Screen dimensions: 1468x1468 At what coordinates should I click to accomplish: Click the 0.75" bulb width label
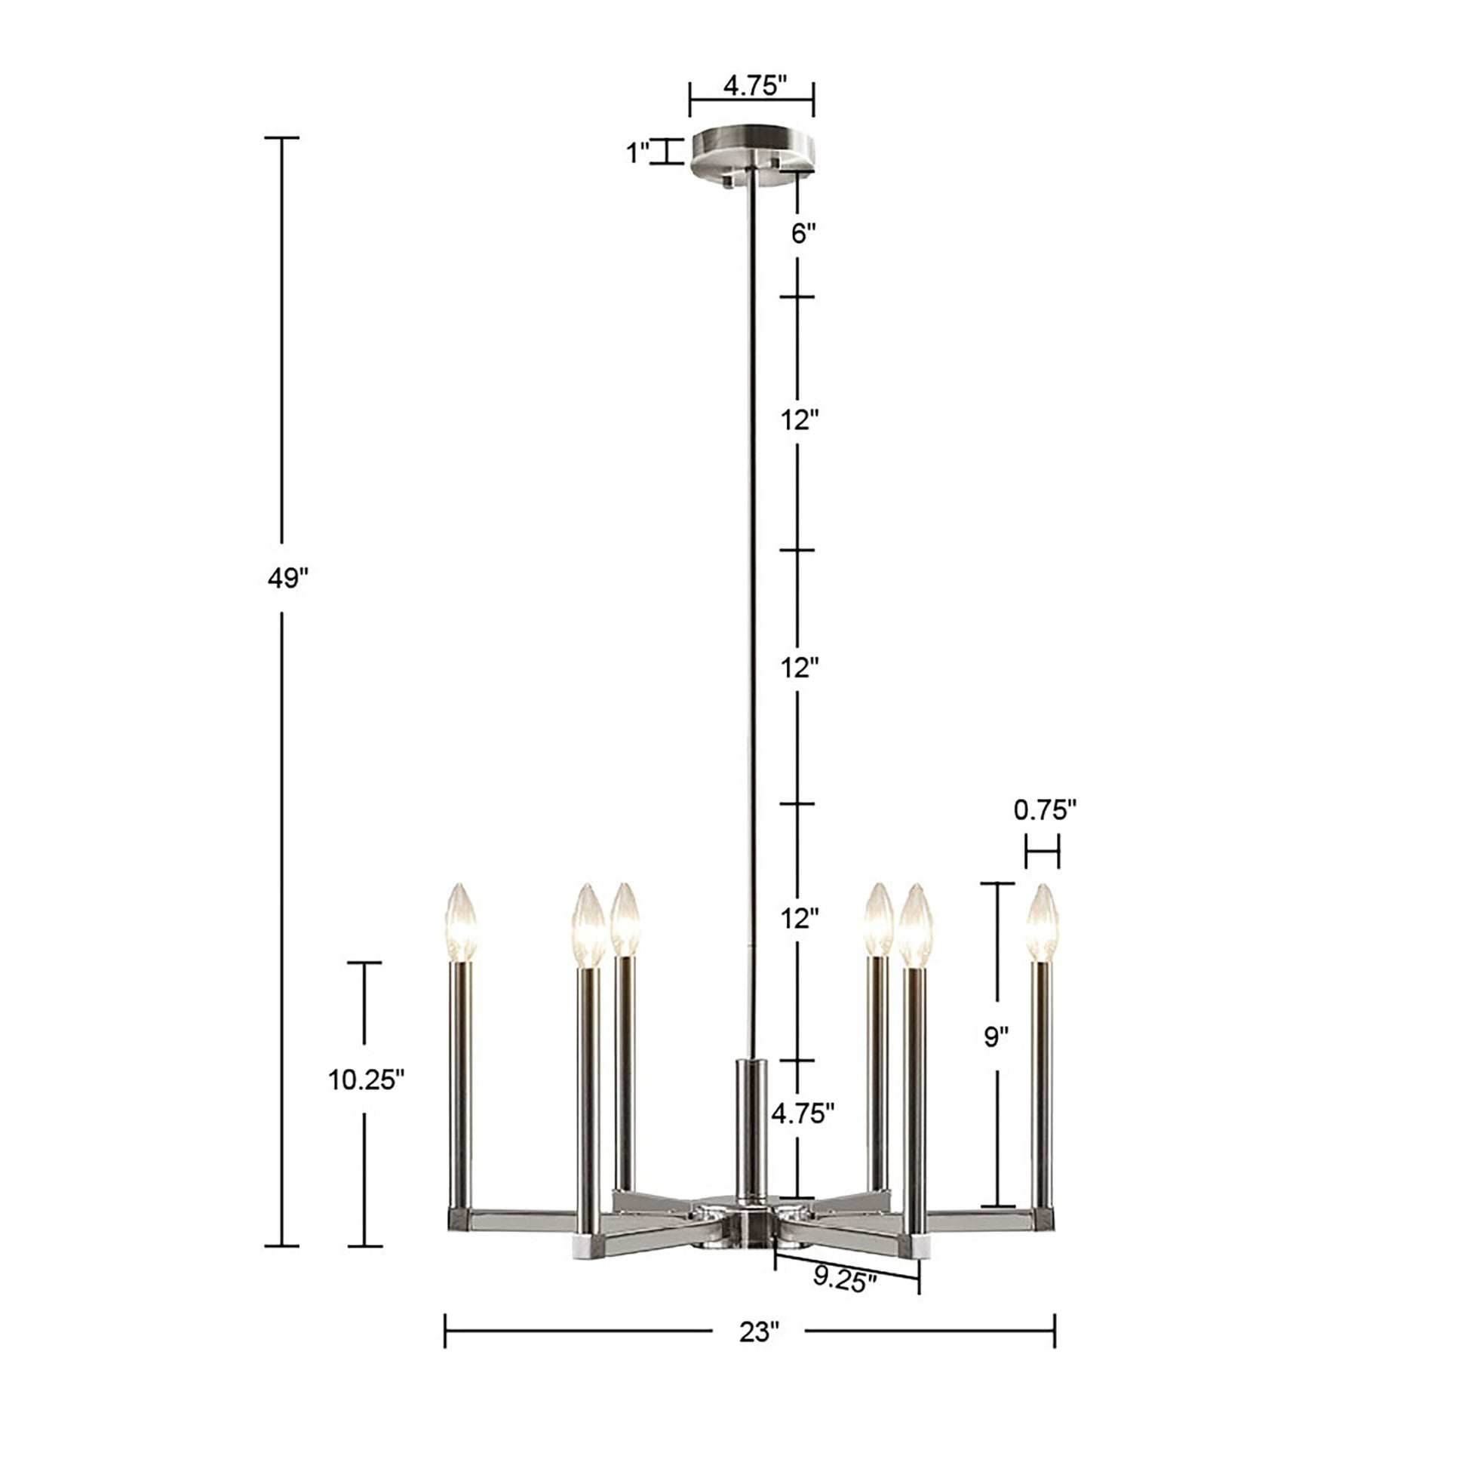point(1045,811)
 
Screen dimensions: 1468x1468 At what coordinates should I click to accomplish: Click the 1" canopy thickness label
point(637,153)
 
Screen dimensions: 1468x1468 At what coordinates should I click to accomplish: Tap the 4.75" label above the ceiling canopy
point(753,86)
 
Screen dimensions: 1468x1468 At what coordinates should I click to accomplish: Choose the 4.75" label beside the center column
point(803,1114)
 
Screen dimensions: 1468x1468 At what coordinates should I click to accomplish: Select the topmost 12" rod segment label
point(800,419)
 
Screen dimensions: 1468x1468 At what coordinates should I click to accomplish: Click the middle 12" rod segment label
point(800,668)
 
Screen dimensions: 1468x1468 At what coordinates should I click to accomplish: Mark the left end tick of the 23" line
point(445,1331)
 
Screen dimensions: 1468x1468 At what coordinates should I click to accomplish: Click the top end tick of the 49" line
point(282,138)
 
